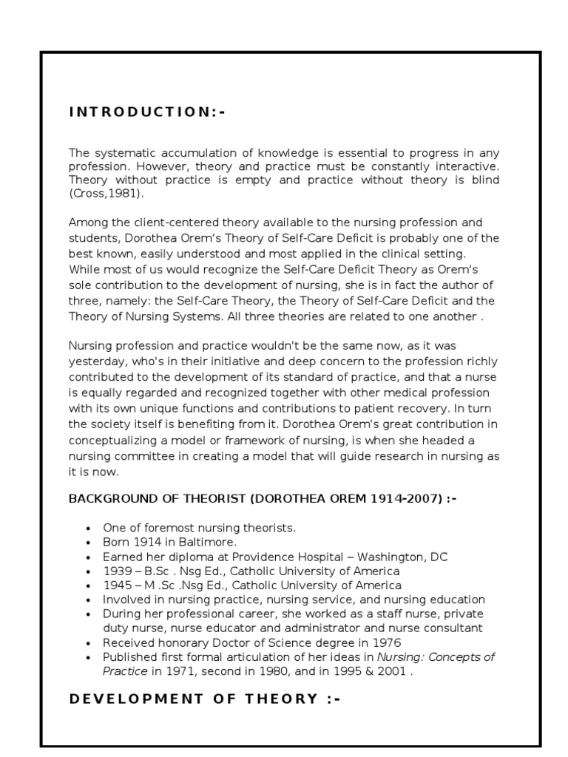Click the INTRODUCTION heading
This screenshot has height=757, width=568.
tap(147, 112)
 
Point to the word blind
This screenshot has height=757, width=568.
tap(485, 180)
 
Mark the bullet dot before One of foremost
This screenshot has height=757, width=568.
tap(89, 529)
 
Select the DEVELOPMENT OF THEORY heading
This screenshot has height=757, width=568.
tap(205, 699)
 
